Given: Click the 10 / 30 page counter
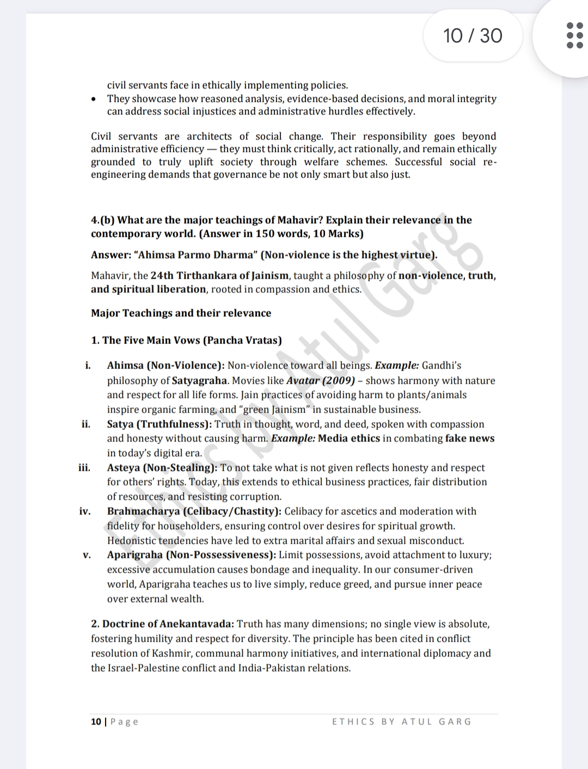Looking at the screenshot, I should pyautogui.click(x=473, y=36).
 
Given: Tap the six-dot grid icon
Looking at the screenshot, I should pyautogui.click(x=574, y=35).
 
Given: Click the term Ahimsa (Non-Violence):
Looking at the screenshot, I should pyautogui.click(x=166, y=366).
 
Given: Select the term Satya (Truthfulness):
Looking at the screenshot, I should pyautogui.click(x=160, y=424).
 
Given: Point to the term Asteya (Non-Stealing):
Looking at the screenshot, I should pyautogui.click(x=162, y=467).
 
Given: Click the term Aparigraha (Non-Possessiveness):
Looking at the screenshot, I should pyautogui.click(x=192, y=555).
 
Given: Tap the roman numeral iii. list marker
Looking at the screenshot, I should pyautogui.click(x=84, y=467).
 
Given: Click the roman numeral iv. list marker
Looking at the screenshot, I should pyautogui.click(x=85, y=511).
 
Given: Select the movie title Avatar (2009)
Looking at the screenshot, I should pyautogui.click(x=321, y=380).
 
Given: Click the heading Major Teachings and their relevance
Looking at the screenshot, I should pyautogui.click(x=181, y=313).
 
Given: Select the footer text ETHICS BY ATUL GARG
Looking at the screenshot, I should pyautogui.click(x=402, y=722).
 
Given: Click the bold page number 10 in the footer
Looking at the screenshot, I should pyautogui.click(x=96, y=722).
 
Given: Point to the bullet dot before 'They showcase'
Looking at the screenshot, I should pyautogui.click(x=95, y=99).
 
